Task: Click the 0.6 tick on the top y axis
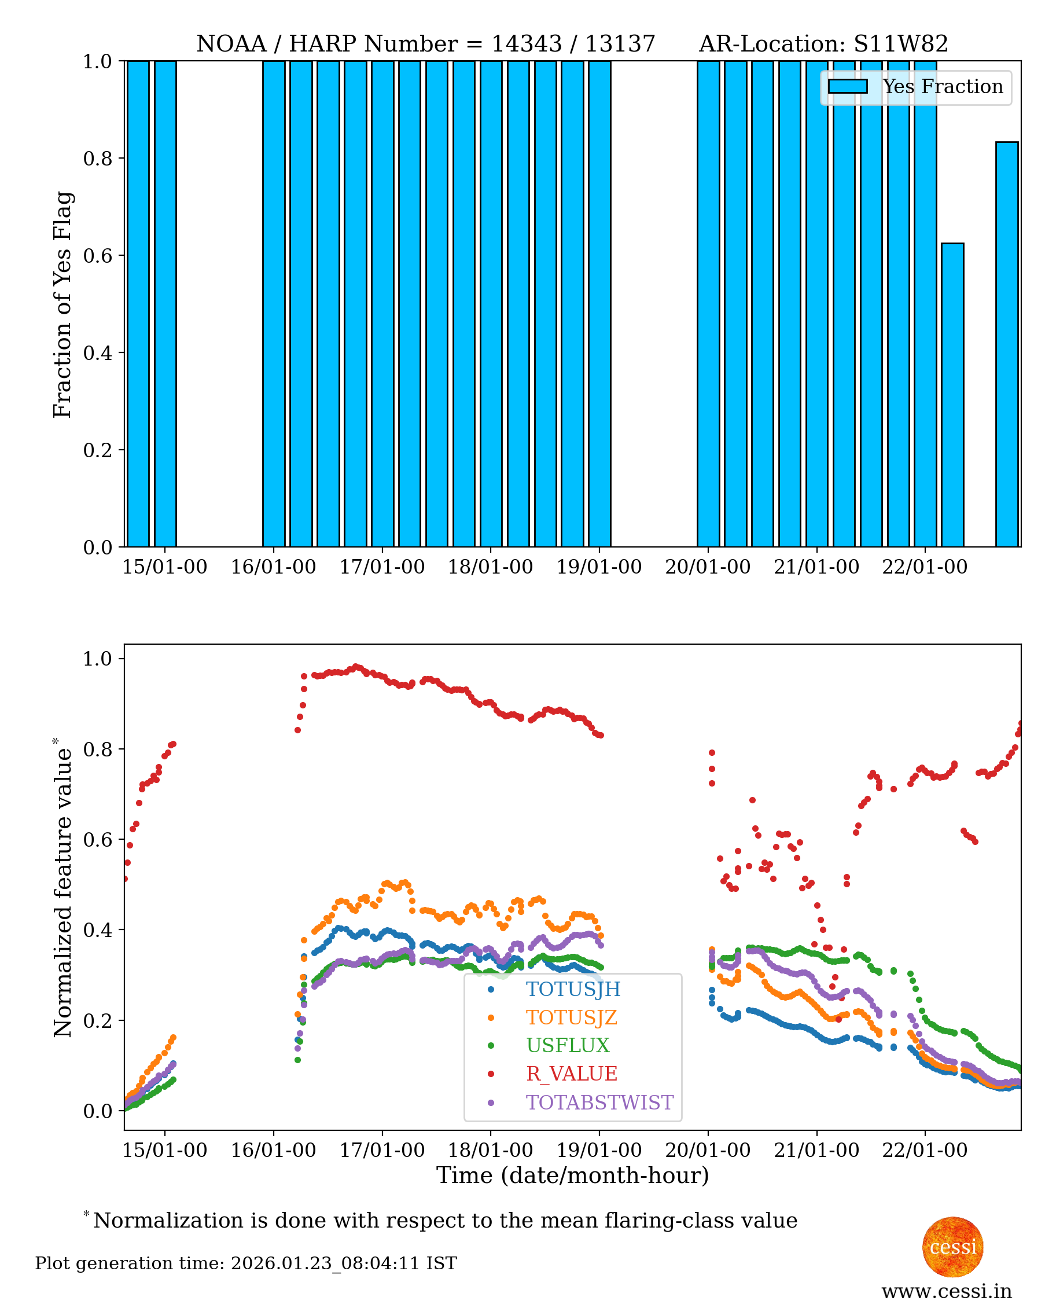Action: [x=97, y=255]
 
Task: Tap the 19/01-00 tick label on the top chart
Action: [x=598, y=567]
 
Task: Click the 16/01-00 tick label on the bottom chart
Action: [x=273, y=1151]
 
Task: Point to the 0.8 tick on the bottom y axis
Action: [x=97, y=749]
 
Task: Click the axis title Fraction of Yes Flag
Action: [x=62, y=304]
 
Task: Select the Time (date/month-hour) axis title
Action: [x=572, y=1175]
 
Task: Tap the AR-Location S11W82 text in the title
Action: [x=823, y=44]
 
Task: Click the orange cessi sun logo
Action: [x=952, y=1247]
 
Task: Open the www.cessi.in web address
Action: [x=946, y=1291]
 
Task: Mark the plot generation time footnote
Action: [x=246, y=1263]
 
